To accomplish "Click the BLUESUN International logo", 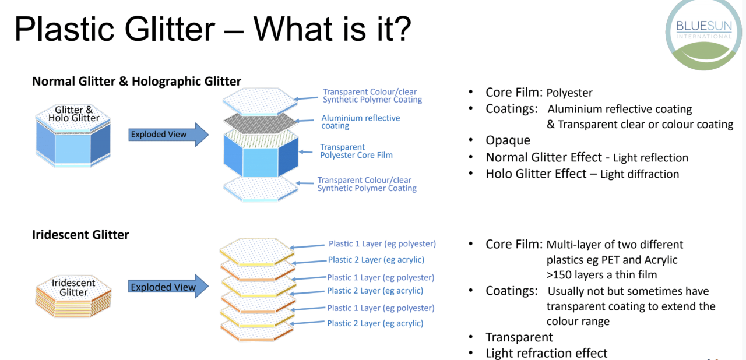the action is coord(703,33).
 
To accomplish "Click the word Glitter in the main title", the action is coord(170,29).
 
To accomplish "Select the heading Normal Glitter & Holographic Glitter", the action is coord(136,81).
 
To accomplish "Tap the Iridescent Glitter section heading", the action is coord(80,235).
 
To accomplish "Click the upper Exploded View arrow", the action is coord(168,135).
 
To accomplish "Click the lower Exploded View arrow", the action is coord(168,287).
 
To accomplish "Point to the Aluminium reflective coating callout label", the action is coord(361,122).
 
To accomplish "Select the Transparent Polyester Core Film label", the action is coord(356,151).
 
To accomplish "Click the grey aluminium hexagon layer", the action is coord(260,122).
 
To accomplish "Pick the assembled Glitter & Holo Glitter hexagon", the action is coord(73,136).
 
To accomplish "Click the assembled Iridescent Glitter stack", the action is coord(73,296).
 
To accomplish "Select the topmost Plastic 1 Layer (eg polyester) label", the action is coord(382,244).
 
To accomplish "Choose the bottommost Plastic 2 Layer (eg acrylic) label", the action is coord(375,323).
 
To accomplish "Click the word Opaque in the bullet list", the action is coord(508,140).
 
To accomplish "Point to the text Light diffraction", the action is coord(639,174).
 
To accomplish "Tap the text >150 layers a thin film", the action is coord(602,275).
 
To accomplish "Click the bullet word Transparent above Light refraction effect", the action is coord(519,337).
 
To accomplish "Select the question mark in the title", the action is coord(402,29).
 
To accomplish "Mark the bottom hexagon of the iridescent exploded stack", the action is coord(257,329).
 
